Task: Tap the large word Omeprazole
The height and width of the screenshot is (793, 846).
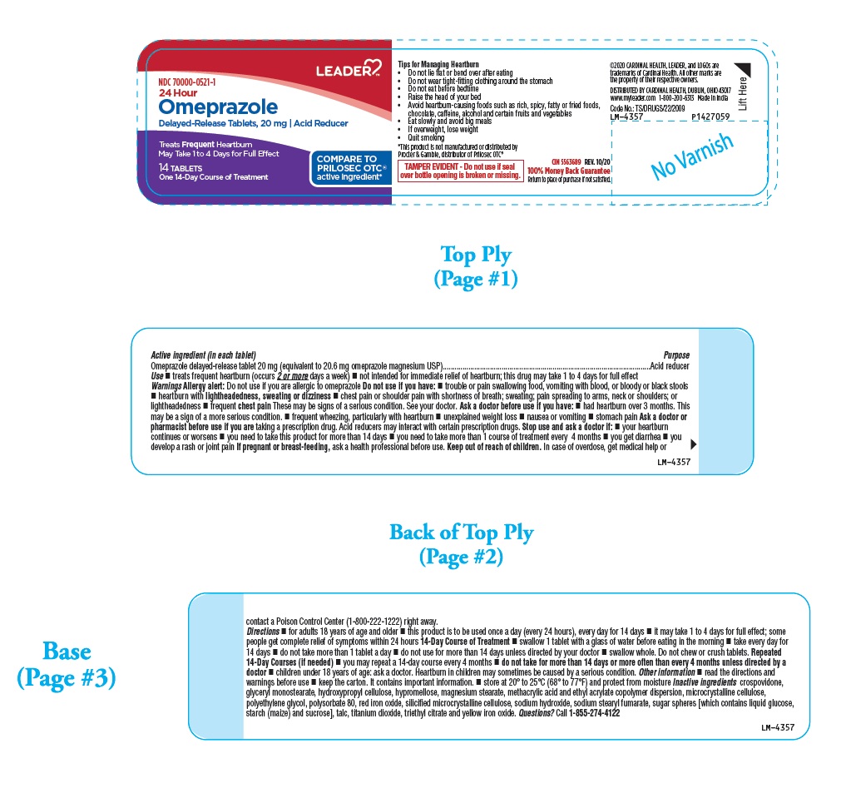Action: tap(218, 107)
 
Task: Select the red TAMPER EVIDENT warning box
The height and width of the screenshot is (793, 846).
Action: tap(460, 171)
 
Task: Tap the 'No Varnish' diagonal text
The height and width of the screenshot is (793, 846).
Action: tap(692, 156)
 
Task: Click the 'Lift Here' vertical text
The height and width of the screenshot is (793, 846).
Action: tap(743, 94)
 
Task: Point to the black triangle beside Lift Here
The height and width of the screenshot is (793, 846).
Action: tap(742, 70)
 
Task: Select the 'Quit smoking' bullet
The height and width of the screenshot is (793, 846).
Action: tap(426, 137)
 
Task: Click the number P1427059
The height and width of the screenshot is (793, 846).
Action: tap(710, 117)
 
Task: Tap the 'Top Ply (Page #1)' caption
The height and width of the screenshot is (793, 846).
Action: tap(476, 266)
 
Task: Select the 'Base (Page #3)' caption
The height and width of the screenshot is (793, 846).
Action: tap(67, 664)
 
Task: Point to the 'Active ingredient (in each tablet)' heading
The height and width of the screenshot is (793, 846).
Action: tap(197, 355)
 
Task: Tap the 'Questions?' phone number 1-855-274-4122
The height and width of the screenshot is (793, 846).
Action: tap(588, 713)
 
